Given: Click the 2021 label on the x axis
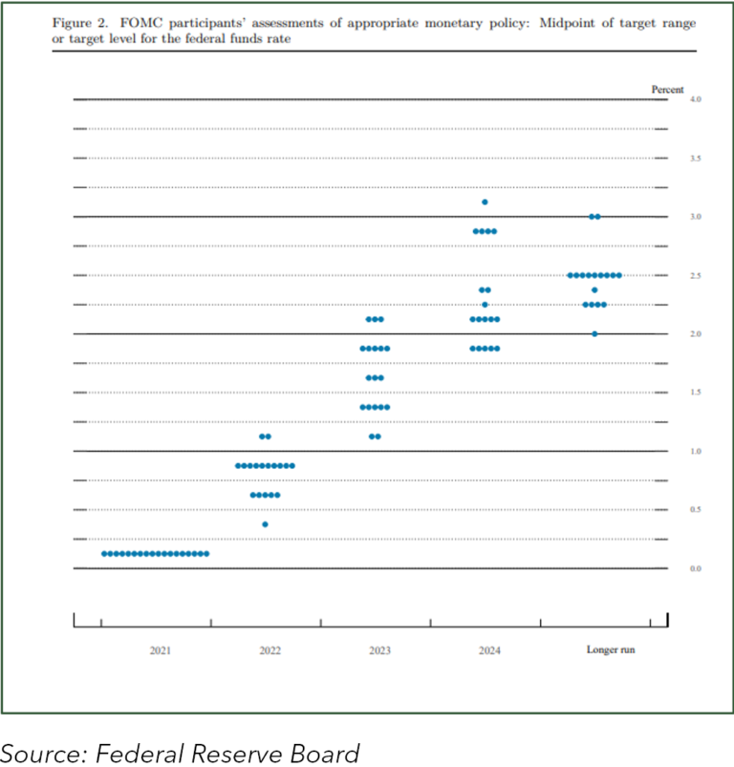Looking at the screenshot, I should pos(160,650).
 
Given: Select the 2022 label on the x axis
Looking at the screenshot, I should pos(270,650).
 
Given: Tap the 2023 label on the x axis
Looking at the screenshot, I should pos(379,650).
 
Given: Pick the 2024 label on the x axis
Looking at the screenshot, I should pos(489,650).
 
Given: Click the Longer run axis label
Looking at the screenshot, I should pos(610,650).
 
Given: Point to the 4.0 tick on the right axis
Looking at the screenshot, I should pos(695,99).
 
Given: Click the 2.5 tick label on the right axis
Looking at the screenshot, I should pos(695,276).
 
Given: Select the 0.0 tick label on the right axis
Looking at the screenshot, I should pos(695,569).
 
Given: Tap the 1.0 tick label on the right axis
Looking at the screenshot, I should pos(695,452).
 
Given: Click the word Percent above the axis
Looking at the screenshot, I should pos(667,89).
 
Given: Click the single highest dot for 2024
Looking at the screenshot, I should pos(486,202).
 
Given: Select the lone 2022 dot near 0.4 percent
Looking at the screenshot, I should pos(265,524).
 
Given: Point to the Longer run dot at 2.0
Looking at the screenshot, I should pos(594,334).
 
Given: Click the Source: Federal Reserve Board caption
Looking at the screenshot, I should pos(181,753).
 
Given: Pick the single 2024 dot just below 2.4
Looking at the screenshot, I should pos(486,305).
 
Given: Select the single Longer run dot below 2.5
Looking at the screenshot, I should pos(594,289).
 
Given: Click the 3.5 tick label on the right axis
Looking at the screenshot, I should pos(695,159).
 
